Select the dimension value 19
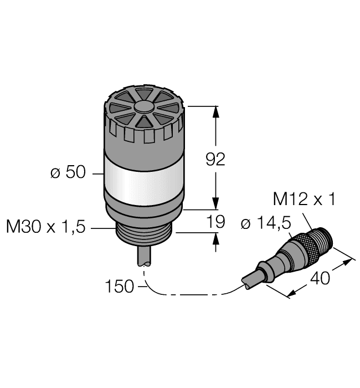(x=215, y=222)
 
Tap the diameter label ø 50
(x=68, y=173)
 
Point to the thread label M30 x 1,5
(x=46, y=227)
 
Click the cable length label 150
(x=120, y=287)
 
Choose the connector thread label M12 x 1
(x=304, y=200)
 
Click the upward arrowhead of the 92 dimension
(x=216, y=111)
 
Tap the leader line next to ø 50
(x=97, y=173)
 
